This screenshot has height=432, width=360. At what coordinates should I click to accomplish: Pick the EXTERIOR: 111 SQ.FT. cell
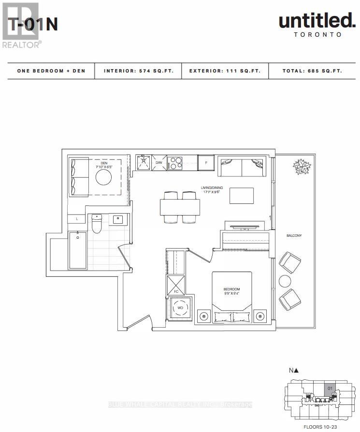click(225, 71)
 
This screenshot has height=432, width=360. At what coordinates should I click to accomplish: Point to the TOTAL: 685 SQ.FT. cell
click(312, 71)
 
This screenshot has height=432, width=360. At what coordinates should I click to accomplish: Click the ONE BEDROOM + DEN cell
click(51, 71)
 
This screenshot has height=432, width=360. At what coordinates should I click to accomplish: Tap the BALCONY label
click(293, 235)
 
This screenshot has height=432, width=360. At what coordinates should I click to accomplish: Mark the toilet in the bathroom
click(97, 224)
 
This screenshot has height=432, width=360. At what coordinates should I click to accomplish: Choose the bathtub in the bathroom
click(78, 250)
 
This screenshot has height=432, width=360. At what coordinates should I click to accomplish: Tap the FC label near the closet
click(175, 291)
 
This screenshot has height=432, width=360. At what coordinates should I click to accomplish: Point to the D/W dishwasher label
click(159, 163)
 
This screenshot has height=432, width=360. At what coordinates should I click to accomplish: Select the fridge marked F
click(206, 163)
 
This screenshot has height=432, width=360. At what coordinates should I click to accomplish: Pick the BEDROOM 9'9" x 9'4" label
click(231, 291)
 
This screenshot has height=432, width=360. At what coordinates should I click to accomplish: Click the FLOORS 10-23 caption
click(319, 426)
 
